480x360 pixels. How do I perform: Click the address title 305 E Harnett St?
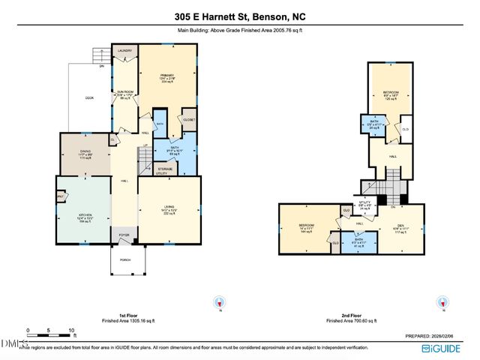[239, 16]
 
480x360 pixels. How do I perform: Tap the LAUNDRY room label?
[125, 51]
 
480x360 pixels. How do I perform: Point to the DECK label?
[88, 97]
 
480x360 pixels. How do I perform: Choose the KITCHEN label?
[85, 216]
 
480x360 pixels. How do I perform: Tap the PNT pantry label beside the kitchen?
[60, 198]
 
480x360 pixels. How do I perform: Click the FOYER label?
[124, 235]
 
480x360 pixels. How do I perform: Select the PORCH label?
[124, 261]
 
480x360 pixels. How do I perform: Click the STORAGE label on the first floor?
[165, 169]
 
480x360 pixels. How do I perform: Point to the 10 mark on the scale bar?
[72, 330]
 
